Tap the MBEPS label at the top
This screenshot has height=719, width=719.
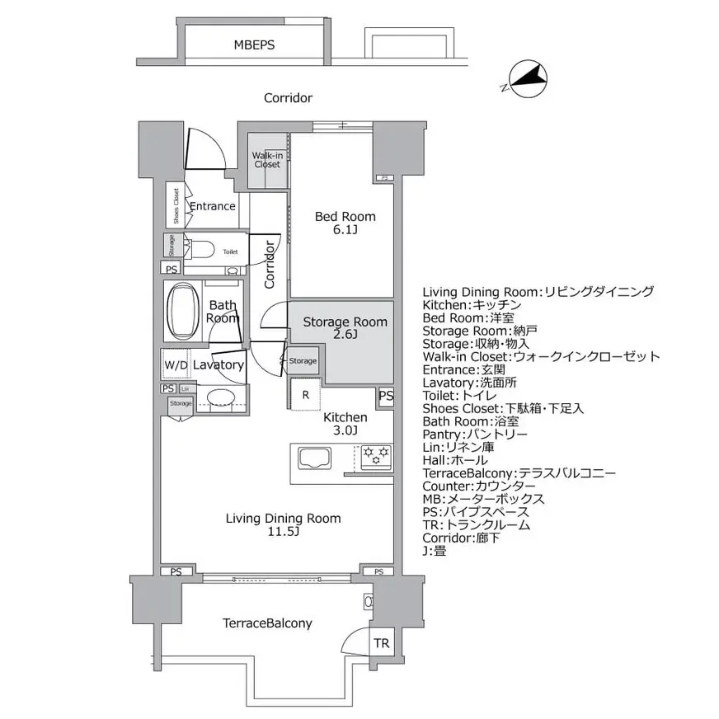255,45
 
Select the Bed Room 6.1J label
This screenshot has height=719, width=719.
345,223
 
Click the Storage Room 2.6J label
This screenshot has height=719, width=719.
345,328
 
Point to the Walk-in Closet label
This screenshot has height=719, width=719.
266,159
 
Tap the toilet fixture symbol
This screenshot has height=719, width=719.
203,250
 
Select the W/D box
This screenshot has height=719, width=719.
175,364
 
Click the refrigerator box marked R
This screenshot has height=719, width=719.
305,395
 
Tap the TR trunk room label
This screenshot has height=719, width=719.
380,643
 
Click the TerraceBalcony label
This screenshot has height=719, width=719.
267,623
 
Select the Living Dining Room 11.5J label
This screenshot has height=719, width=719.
283,525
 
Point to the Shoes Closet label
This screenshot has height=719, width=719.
176,205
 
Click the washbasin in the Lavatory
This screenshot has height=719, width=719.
220,397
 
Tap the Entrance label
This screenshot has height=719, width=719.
213,206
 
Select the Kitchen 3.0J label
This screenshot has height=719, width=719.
345,424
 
